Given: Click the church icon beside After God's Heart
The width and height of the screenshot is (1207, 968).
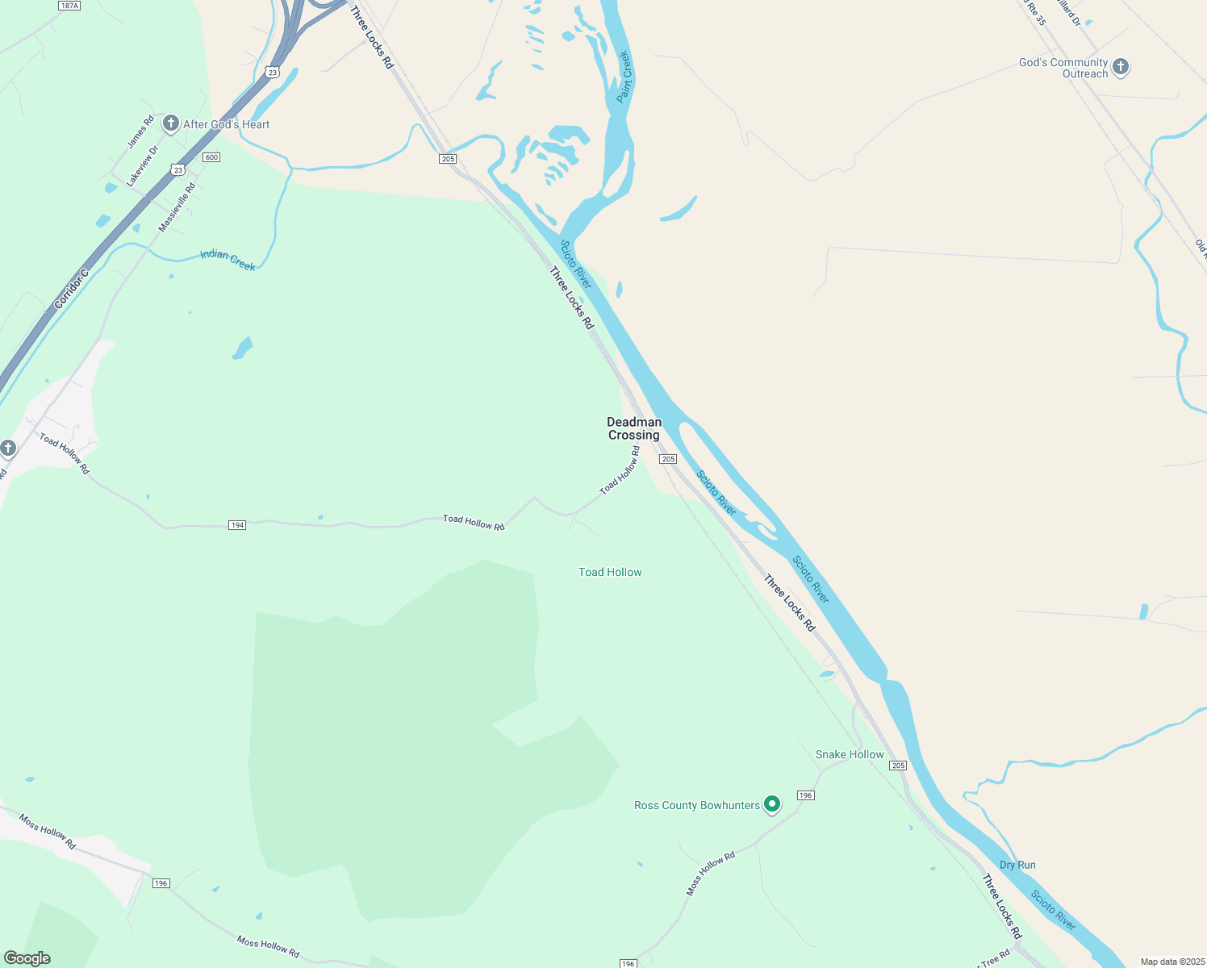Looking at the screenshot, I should [170, 123].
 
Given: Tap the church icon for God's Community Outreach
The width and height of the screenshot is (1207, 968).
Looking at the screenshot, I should [1120, 67].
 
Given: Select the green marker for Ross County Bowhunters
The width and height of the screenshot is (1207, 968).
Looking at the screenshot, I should [772, 803].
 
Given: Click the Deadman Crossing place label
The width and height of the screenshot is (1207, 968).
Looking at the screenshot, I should [634, 428].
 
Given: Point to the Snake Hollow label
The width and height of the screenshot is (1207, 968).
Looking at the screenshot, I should [850, 754].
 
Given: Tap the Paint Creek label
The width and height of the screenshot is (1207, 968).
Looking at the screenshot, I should [624, 77].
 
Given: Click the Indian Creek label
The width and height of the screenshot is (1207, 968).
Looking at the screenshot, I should [228, 260].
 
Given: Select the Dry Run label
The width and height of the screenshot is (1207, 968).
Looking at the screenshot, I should [1017, 865].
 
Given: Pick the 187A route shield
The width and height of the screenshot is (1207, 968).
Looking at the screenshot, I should [69, 6].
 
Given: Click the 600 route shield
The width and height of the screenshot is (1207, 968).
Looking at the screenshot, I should [211, 156].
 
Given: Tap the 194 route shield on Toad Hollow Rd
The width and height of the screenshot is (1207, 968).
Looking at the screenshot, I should [236, 525].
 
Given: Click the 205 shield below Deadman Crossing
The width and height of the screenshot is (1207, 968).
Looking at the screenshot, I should [667, 459].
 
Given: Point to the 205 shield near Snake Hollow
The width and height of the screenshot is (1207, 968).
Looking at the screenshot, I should [899, 766].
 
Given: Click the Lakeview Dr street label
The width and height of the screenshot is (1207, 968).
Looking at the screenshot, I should [143, 166].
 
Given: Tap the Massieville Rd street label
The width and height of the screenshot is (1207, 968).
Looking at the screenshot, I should [177, 208].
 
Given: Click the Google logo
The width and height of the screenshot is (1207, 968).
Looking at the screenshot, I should [27, 958].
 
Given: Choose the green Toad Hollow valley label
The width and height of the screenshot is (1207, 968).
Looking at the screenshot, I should [610, 572].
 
